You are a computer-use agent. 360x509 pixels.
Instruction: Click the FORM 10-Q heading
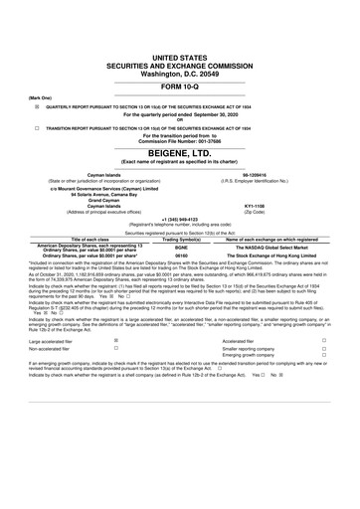click(x=179, y=60)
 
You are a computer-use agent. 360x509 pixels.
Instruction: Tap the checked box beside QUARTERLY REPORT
click(x=36, y=85)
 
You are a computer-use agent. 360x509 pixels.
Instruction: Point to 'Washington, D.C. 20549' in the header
click(x=179, y=45)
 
